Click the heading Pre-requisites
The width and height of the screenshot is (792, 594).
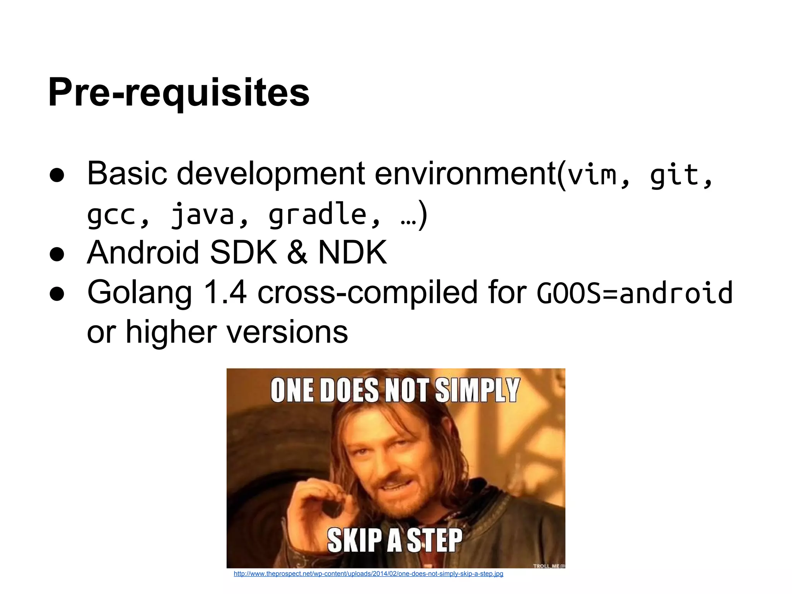click(x=179, y=93)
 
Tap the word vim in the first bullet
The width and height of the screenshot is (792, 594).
click(x=592, y=175)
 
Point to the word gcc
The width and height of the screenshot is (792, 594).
click(x=111, y=215)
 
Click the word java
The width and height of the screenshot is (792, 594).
click(x=203, y=215)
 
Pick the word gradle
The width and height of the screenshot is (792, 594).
click(x=317, y=214)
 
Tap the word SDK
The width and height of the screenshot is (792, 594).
click(x=243, y=252)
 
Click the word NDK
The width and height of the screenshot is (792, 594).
click(x=352, y=252)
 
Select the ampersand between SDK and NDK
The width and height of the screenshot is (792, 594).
click(x=297, y=253)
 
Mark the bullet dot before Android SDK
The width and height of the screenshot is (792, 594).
click(x=57, y=254)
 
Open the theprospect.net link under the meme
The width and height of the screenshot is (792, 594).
click(x=368, y=574)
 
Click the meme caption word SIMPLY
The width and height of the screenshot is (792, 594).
click(x=477, y=390)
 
